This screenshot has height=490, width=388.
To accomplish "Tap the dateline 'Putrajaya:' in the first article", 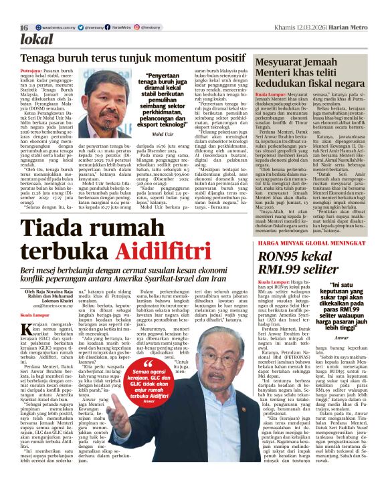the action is tap(34, 70).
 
